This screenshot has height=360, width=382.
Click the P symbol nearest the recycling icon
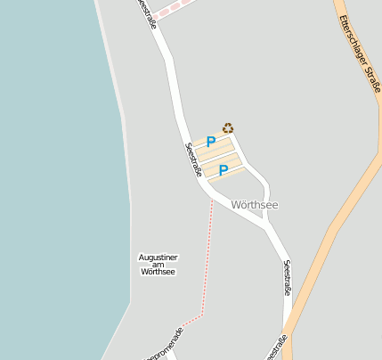tap(211, 142)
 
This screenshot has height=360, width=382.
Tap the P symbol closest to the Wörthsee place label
tap(224, 169)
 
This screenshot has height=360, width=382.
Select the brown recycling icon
tap(228, 128)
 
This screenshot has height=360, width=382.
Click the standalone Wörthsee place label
tap(254, 205)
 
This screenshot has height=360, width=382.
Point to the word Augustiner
tap(158, 257)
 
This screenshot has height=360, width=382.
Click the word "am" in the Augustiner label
tap(158, 265)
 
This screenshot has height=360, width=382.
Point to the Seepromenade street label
tap(167, 346)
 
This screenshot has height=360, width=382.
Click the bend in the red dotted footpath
tap(204, 314)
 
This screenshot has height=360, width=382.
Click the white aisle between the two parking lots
tap(218, 157)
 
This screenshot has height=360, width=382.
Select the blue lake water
tap(53, 178)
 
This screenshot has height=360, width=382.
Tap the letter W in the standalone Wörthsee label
tap(234, 205)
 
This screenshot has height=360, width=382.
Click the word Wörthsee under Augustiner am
tap(158, 272)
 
